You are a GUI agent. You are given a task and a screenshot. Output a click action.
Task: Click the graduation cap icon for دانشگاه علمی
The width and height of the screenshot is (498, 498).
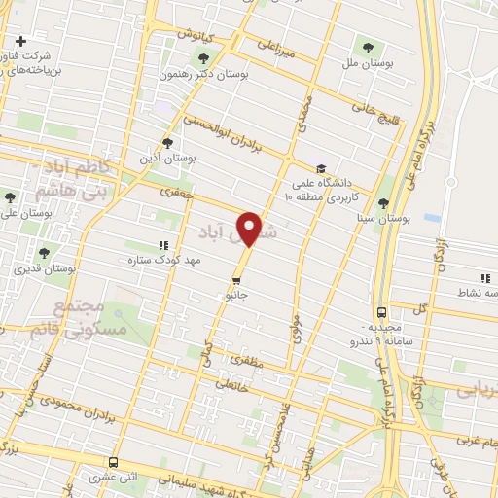[321, 167]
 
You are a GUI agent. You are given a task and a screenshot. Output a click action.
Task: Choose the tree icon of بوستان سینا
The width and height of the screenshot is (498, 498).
[384, 202]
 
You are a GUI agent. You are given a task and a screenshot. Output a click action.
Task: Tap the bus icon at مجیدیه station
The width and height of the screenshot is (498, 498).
[381, 313]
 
